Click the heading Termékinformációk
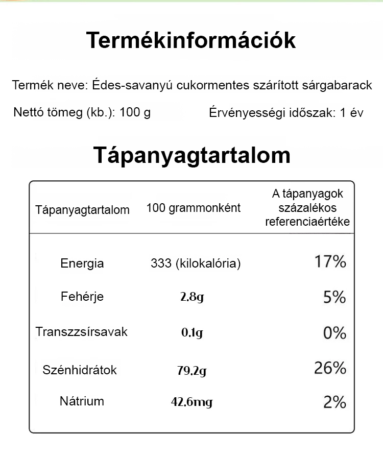191,40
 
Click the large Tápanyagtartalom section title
192,155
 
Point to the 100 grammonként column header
193,208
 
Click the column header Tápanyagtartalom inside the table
82,210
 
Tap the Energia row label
82,263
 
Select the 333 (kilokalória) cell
196,263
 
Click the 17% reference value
330,262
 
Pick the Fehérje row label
82,297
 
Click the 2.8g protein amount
192,297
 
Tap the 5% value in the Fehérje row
334,297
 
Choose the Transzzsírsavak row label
82,332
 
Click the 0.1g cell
192,333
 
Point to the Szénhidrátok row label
80,370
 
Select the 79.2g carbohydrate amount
192,371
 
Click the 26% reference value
330,368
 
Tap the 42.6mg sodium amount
192,402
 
